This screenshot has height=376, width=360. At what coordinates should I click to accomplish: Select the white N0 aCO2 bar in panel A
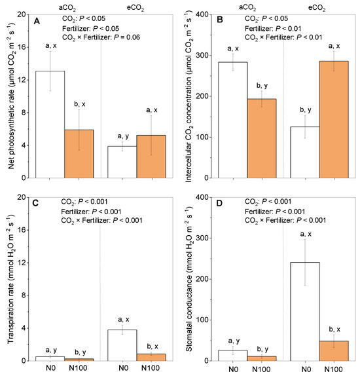click(54, 124)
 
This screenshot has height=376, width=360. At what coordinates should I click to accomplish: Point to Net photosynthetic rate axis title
click(8, 96)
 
